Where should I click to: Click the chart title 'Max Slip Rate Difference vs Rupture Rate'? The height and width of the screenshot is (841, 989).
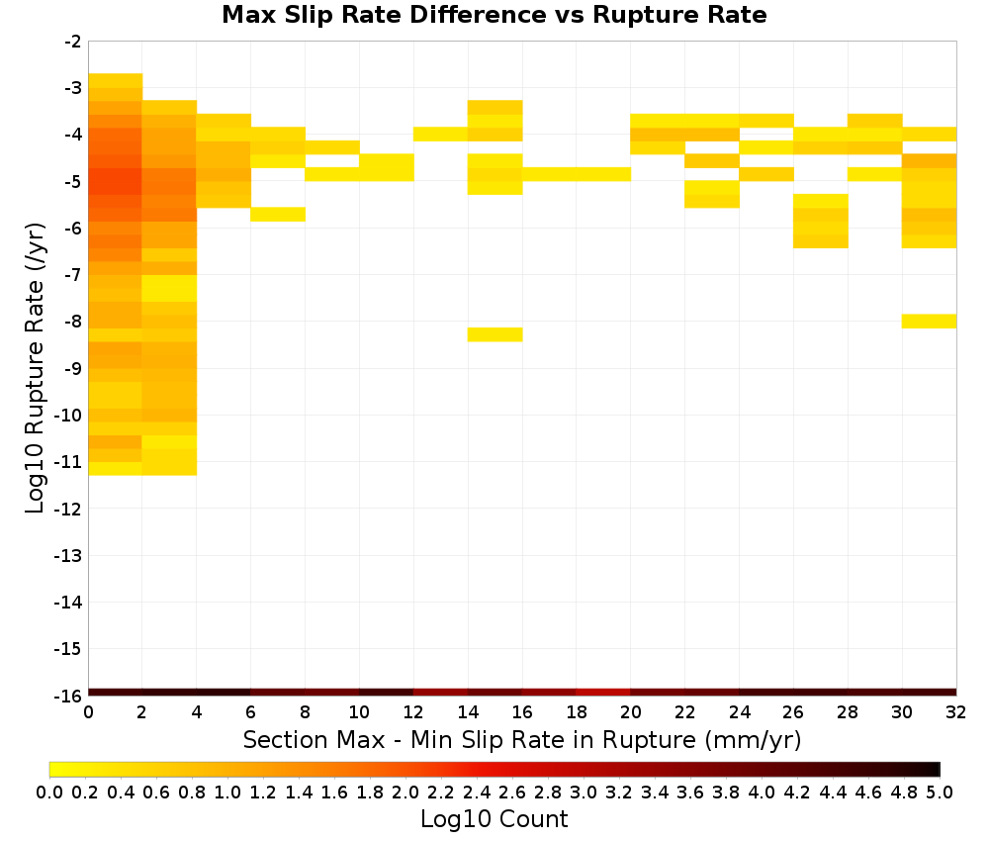click(494, 15)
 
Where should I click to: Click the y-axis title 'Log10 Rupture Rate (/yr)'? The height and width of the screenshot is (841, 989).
click(35, 368)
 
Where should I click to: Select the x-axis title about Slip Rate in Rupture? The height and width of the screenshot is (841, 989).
click(521, 739)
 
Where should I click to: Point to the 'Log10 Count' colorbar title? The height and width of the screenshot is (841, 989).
click(494, 819)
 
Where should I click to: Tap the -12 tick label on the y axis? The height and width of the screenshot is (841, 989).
click(68, 510)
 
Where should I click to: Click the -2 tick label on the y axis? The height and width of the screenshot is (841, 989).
click(73, 43)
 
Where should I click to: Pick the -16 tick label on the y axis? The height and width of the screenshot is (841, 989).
click(68, 696)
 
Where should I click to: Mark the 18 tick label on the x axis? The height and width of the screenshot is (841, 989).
click(576, 712)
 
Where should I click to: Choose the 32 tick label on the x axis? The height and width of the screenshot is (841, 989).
click(955, 712)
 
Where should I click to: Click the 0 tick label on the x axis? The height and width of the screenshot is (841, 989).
click(88, 712)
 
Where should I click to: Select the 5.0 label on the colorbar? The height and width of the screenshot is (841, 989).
click(940, 792)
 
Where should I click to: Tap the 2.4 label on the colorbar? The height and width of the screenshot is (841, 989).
click(477, 792)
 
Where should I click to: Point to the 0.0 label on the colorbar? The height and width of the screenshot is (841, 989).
click(49, 792)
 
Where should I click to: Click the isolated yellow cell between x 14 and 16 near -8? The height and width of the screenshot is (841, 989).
click(495, 334)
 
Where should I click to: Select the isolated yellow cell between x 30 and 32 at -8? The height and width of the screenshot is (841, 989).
click(929, 322)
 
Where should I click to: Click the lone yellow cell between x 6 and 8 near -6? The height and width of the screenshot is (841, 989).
click(278, 215)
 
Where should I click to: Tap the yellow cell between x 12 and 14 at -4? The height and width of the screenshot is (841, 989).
click(441, 134)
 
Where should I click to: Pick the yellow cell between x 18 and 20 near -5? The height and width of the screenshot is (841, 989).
click(603, 174)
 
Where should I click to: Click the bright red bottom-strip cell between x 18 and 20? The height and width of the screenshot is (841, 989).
click(603, 693)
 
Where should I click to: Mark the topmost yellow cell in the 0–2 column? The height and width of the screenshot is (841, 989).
click(116, 80)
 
